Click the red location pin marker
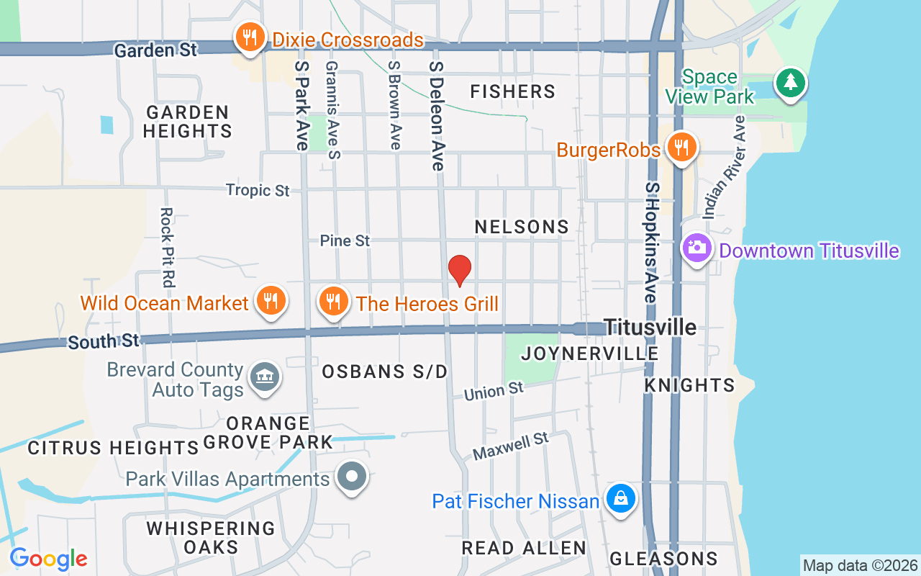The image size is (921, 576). click(459, 270)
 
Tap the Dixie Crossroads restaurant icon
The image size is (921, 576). click(249, 38)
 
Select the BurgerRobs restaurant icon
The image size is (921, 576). click(680, 148)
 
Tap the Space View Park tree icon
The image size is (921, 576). click(790, 83)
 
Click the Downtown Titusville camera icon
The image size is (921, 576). click(696, 248)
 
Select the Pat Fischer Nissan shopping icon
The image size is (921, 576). click(620, 499)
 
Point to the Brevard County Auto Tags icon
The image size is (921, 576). click(264, 377)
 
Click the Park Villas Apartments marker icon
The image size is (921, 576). click(353, 477)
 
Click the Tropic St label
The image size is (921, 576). click(258, 190)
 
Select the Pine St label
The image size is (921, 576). click(345, 240)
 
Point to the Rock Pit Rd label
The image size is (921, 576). click(167, 247)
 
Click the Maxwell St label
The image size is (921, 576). click(510, 446)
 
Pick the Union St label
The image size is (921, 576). click(494, 392)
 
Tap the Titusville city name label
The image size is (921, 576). click(650, 328)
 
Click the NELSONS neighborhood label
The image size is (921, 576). click(522, 227)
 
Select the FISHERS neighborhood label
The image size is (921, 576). click(513, 91)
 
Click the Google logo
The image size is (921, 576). click(48, 559)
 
